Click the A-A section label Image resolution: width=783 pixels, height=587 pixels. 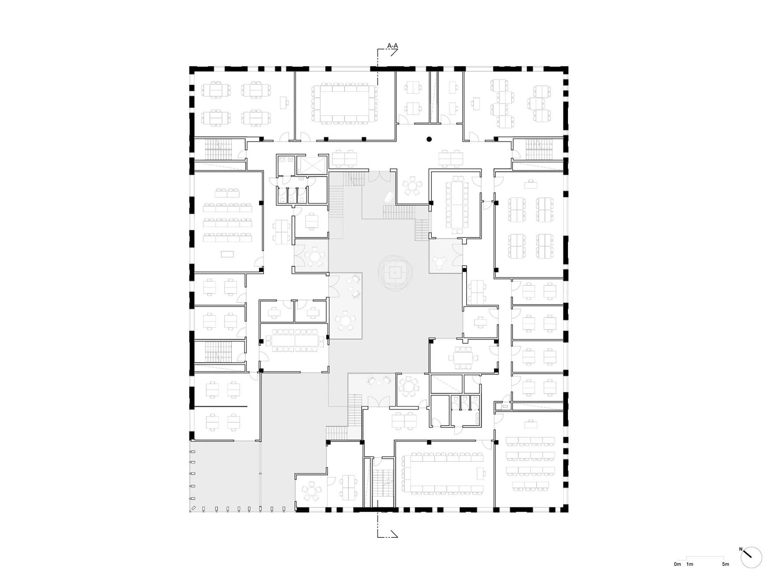pyautogui.click(x=392, y=46)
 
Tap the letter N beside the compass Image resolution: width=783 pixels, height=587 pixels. pyautogui.click(x=741, y=549)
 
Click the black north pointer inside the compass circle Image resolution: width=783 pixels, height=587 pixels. pyautogui.click(x=747, y=554)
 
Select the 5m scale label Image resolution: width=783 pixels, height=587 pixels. pyautogui.click(x=725, y=564)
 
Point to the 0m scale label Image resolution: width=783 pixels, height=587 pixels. pyautogui.click(x=677, y=564)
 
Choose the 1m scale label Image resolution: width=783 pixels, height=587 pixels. pyautogui.click(x=690, y=564)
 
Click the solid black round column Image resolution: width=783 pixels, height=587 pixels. pyautogui.click(x=429, y=140)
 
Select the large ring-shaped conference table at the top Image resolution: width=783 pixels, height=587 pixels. pyautogui.click(x=344, y=103)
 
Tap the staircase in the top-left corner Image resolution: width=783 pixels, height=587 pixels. pyautogui.click(x=218, y=149)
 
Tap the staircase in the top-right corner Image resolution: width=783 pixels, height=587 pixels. pyautogui.click(x=539, y=149)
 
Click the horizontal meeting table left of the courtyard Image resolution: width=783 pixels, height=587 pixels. pyautogui.click(x=294, y=340)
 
